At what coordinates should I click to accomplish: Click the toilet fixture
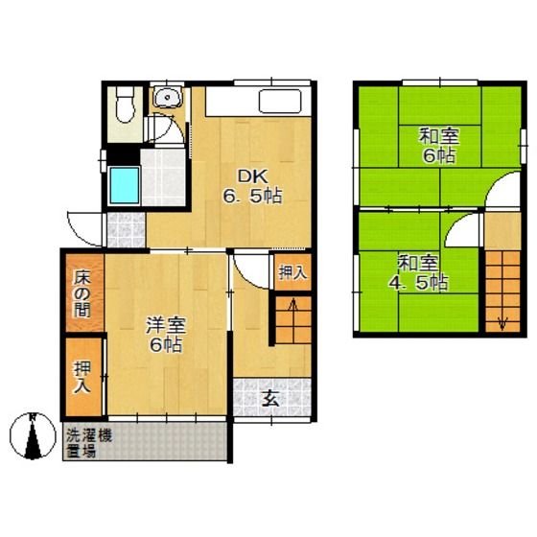(125, 104)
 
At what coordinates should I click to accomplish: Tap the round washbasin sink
(167, 97)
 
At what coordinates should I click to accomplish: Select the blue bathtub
(125, 186)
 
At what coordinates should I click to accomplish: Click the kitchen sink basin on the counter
(280, 102)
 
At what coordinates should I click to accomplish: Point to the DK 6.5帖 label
(252, 187)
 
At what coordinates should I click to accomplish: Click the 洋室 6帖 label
(166, 335)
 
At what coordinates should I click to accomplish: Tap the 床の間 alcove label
(82, 293)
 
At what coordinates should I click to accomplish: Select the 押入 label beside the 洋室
(82, 377)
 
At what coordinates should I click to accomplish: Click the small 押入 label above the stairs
(292, 272)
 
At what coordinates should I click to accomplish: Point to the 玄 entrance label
(270, 398)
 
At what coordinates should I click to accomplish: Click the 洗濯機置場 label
(88, 443)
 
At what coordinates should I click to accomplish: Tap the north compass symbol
(33, 435)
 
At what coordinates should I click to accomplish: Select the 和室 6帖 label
(439, 145)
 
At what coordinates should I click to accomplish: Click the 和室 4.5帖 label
(418, 273)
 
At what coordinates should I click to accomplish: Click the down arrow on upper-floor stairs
(502, 322)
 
